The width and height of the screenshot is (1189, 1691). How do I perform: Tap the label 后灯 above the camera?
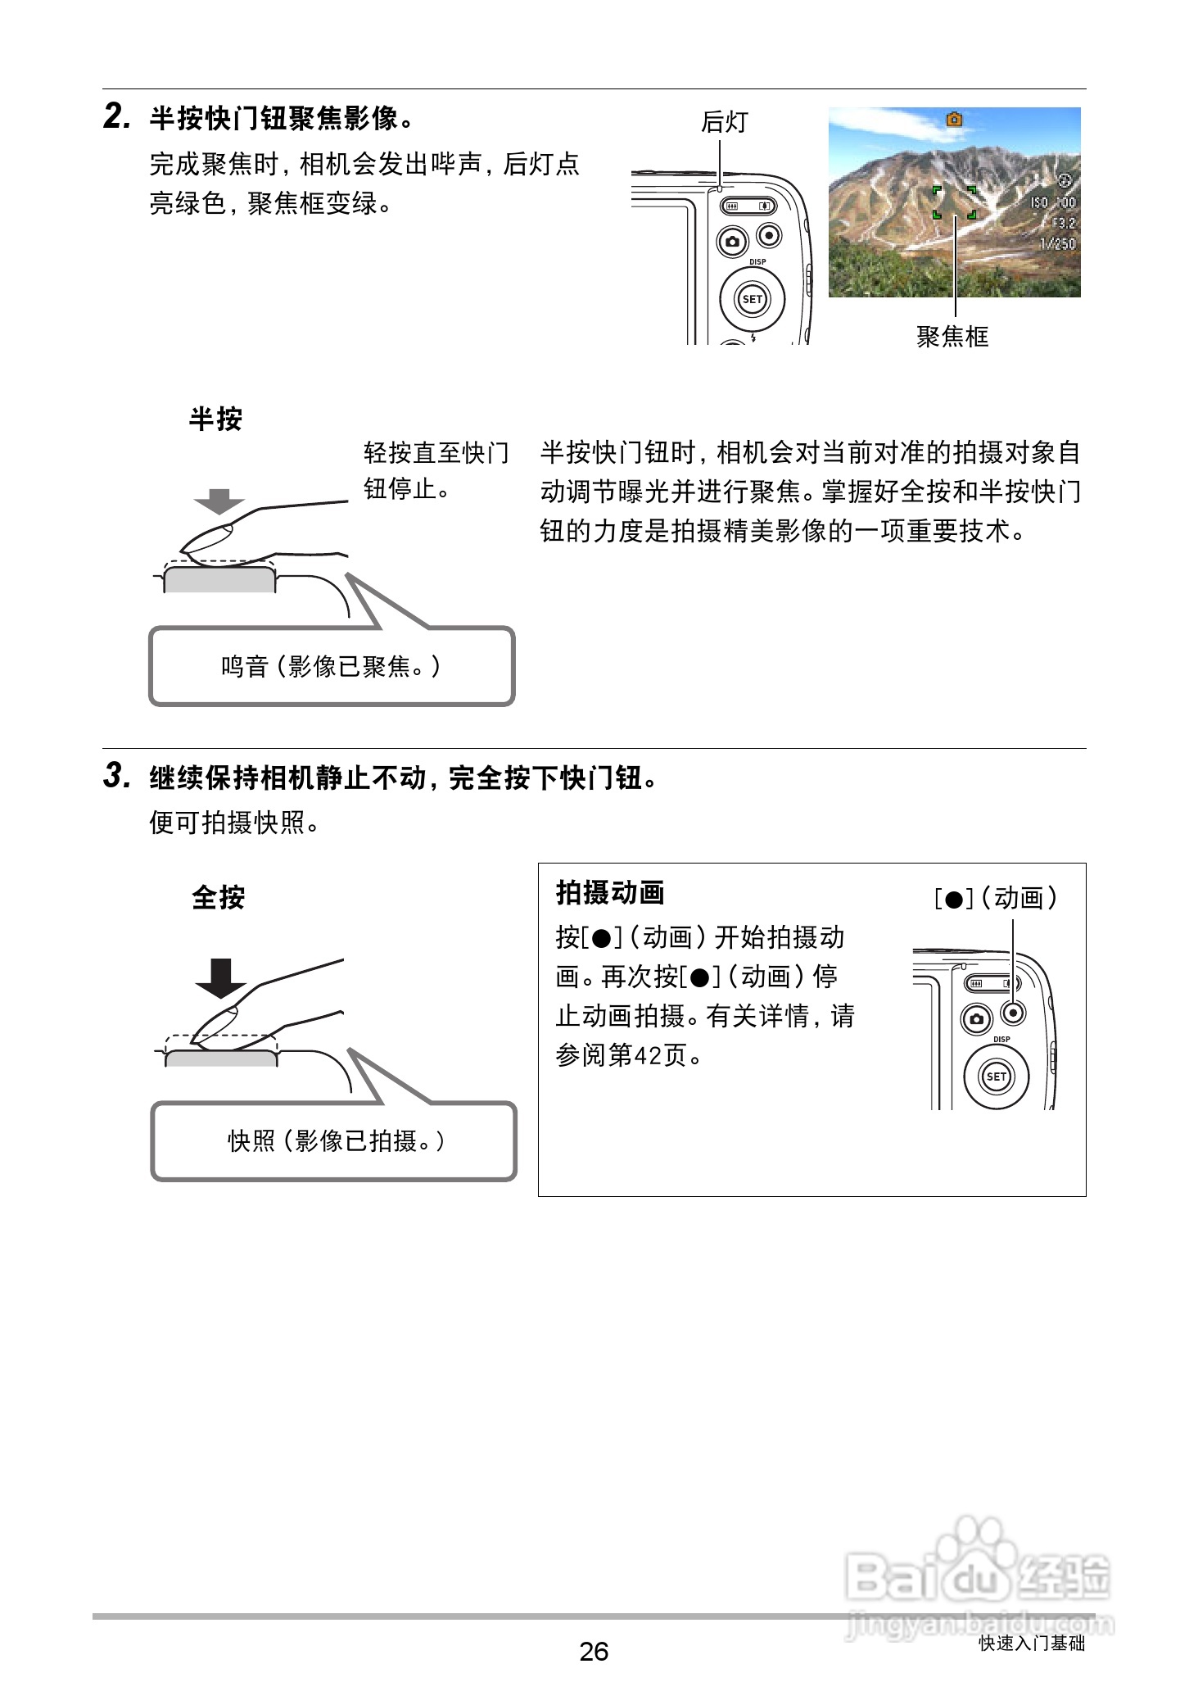pos(724,122)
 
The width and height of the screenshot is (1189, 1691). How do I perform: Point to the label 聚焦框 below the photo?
pos(952,337)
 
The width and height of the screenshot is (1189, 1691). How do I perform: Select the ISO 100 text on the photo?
pos(1053,202)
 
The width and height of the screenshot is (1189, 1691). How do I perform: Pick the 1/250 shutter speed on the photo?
pos(1057,243)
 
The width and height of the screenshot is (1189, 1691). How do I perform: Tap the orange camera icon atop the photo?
pos(954,120)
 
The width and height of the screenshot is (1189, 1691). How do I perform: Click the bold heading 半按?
pos(215,419)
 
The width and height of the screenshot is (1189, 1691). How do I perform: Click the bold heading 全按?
pos(219,897)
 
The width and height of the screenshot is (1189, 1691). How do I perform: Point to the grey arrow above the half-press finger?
pos(219,501)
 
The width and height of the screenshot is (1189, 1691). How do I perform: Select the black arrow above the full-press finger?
pos(221,977)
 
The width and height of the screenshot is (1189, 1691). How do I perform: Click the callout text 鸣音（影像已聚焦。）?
pos(331,667)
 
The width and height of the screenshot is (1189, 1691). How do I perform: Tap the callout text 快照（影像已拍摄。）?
pos(336,1140)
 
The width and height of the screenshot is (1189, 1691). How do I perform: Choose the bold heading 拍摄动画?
pos(610,892)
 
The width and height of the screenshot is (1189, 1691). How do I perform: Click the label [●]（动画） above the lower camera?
pos(996,899)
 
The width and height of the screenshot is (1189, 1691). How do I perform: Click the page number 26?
pos(594,1651)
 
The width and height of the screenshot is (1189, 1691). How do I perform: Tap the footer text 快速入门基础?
pos(1031,1643)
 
